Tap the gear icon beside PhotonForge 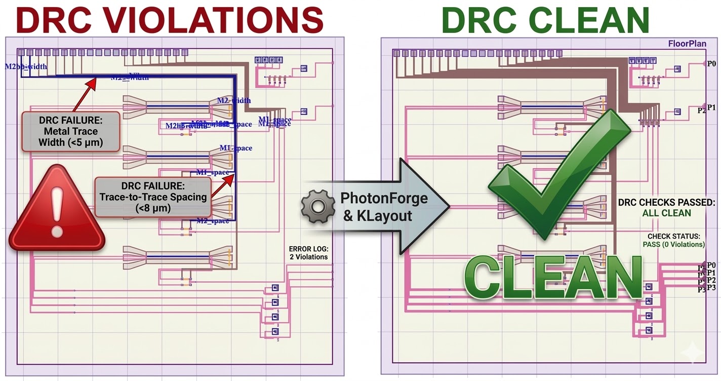tap(317, 206)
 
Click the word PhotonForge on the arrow tap(384, 198)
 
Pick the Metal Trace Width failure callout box tap(70, 131)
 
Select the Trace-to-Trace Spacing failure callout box tap(152, 197)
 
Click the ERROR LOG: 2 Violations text tap(308, 253)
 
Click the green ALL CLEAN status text tap(666, 213)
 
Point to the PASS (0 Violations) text tap(673, 245)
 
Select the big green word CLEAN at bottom tap(552, 279)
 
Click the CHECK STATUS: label tap(673, 237)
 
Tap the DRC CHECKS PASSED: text tap(666, 203)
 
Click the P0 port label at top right tap(711, 63)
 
